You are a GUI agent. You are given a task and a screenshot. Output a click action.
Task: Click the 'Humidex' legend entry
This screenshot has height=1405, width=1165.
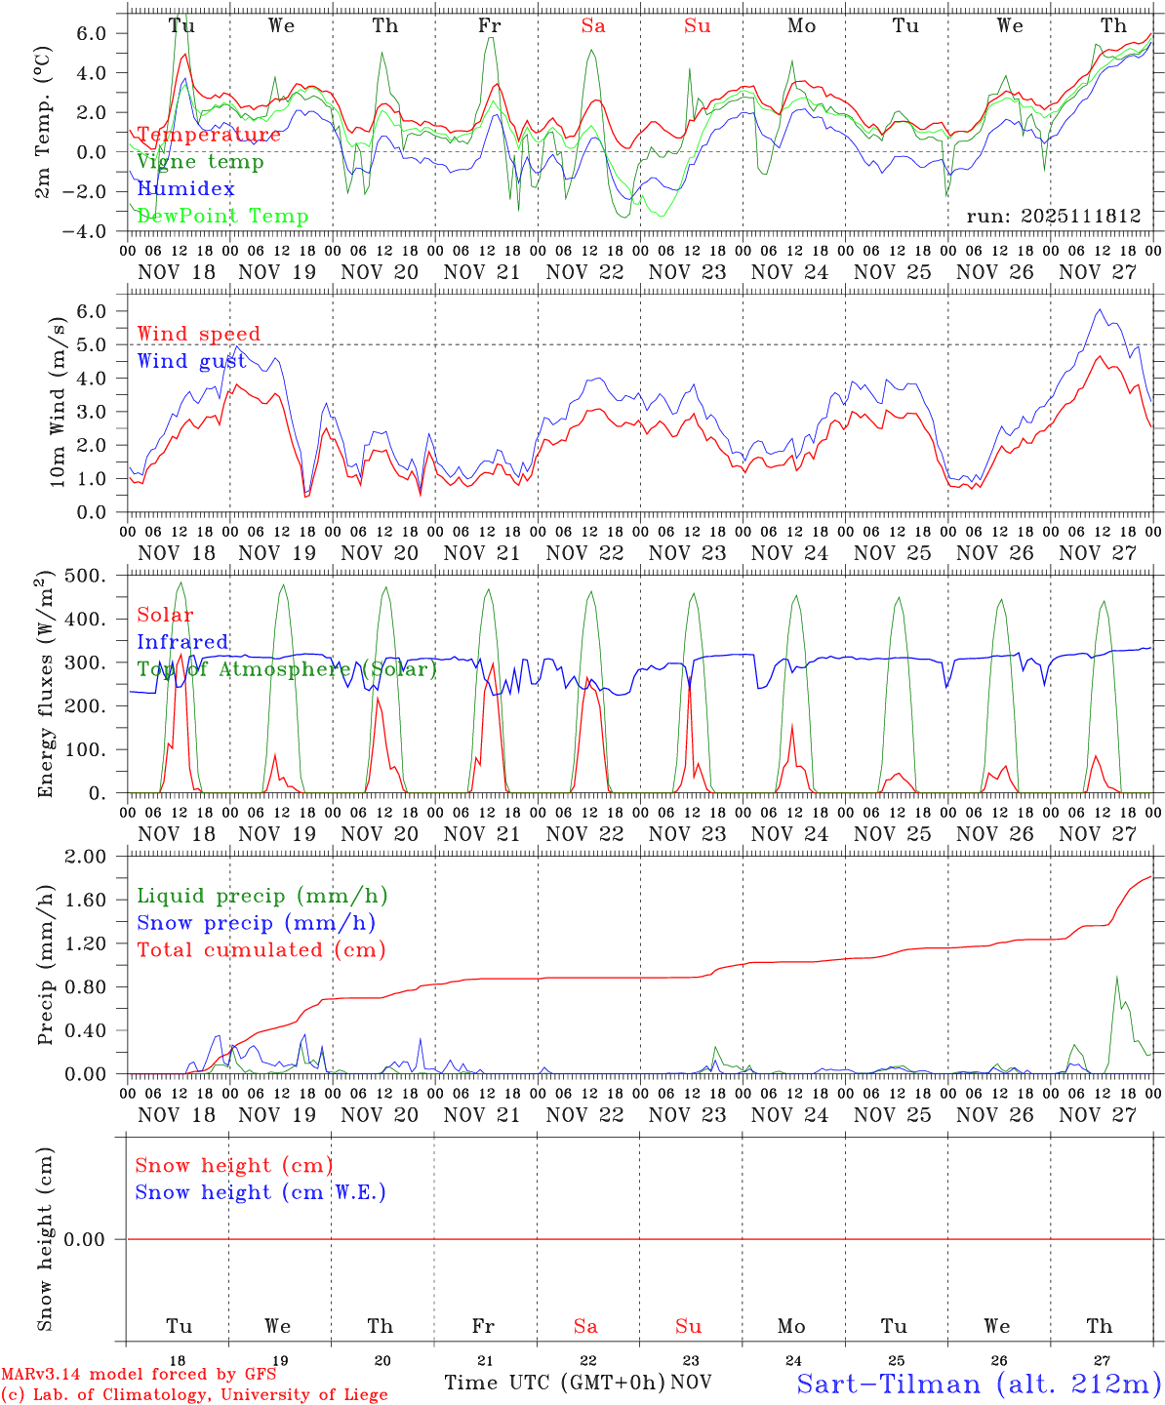(185, 189)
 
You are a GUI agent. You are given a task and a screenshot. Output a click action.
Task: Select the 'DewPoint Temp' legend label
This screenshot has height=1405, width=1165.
(222, 217)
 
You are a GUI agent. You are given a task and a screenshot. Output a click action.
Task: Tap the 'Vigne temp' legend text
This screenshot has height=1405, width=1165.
(200, 162)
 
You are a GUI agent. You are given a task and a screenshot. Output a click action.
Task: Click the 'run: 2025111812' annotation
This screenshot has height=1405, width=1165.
(1054, 217)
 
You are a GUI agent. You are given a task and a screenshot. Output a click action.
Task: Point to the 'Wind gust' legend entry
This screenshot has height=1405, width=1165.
(191, 361)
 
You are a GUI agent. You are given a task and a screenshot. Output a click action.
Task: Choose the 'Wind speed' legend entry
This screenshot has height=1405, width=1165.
(199, 334)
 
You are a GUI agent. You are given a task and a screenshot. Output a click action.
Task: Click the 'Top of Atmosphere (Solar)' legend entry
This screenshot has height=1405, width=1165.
(287, 669)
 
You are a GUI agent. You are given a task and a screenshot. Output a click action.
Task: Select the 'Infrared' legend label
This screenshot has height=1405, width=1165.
(182, 642)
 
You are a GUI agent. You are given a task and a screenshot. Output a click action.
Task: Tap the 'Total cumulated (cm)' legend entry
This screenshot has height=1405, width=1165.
(261, 949)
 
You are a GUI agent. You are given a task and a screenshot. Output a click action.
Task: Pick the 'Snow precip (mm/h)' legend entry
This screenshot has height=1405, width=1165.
(257, 923)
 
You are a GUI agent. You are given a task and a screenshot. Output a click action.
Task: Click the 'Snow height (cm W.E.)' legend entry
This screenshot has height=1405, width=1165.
(261, 1192)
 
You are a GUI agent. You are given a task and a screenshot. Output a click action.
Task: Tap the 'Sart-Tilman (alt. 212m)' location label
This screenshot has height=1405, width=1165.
(979, 1384)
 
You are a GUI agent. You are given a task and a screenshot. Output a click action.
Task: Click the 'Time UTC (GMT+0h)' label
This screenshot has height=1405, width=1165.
(554, 1383)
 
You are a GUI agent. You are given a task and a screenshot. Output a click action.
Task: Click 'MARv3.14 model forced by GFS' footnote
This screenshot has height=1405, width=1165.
(139, 1375)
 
